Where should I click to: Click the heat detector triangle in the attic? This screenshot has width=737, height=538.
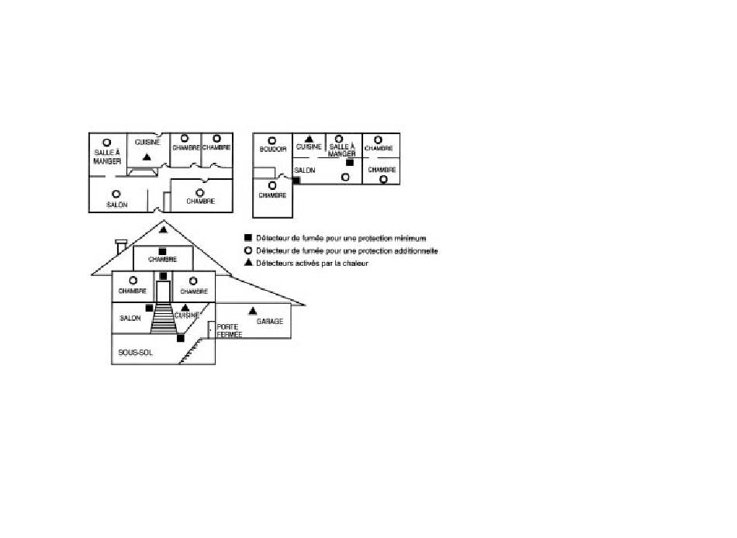point(163,230)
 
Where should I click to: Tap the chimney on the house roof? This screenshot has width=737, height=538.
point(120,247)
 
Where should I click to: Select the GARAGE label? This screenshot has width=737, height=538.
point(269,321)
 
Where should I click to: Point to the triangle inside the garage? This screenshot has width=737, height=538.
point(252,311)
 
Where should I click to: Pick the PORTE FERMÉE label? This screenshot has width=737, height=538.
point(230,331)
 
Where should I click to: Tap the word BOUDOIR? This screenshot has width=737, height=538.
point(273,149)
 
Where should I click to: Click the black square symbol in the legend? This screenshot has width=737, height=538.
point(248,239)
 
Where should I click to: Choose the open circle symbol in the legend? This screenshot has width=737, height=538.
point(248,251)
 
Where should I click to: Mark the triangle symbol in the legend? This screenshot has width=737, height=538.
point(248,264)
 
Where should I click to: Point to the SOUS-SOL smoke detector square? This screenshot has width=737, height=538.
point(180,338)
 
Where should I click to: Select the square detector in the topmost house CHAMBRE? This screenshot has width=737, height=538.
point(162,252)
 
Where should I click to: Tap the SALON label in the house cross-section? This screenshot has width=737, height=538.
point(130,319)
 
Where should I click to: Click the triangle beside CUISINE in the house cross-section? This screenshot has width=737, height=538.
point(185,308)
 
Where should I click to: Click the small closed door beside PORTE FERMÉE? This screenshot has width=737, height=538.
point(212,329)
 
